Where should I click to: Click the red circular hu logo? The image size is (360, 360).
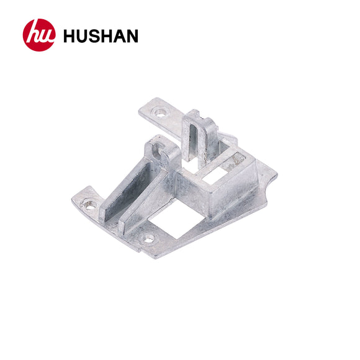point(39,35)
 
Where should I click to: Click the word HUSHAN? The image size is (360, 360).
point(100,36)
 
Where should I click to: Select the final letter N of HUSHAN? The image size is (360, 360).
point(131,36)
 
